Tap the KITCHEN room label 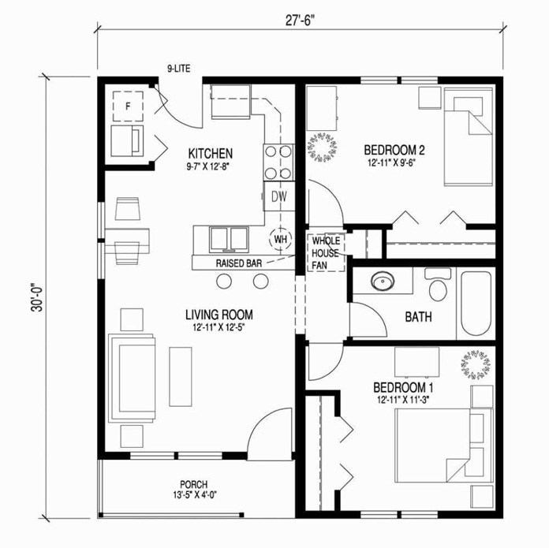(210, 152)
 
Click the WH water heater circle (280, 237)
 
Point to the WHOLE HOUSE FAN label (325, 254)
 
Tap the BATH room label (418, 318)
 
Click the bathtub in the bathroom (476, 304)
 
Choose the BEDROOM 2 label (394, 150)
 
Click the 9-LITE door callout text (179, 68)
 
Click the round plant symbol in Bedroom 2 (323, 147)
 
